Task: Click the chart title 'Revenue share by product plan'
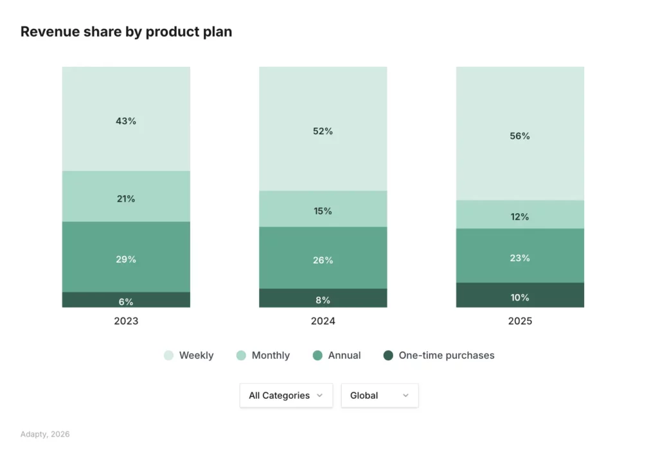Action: click(x=126, y=31)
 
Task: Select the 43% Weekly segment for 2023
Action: click(x=126, y=120)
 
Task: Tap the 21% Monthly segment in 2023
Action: click(x=126, y=198)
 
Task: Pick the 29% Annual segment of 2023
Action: click(x=126, y=258)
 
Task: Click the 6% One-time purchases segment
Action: click(x=126, y=300)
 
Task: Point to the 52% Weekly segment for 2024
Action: click(x=323, y=130)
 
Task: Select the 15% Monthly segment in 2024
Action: click(x=323, y=210)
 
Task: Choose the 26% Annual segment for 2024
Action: click(x=323, y=259)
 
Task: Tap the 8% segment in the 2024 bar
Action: click(x=323, y=299)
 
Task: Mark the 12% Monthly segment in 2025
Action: click(x=520, y=216)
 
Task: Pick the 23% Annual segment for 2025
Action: click(x=520, y=257)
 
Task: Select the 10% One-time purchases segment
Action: click(x=520, y=296)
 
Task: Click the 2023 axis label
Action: click(x=126, y=321)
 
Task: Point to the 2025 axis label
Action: click(x=520, y=321)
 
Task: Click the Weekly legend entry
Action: click(x=189, y=355)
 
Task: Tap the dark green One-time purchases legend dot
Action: click(x=387, y=355)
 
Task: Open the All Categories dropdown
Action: click(x=286, y=396)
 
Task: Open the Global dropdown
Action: click(x=379, y=396)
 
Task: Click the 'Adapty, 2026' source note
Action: click(x=45, y=434)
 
